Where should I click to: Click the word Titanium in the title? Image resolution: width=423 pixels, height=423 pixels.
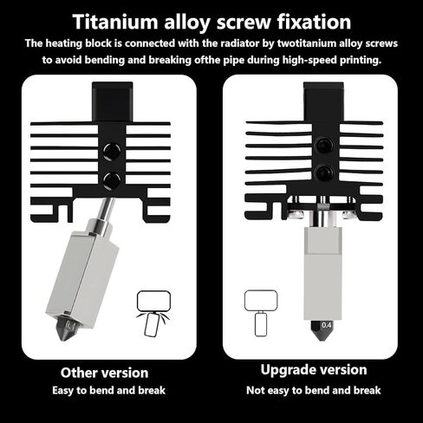(x=115, y=22)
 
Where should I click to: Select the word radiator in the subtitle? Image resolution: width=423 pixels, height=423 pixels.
(x=231, y=43)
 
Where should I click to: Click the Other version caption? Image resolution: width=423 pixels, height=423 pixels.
(x=105, y=373)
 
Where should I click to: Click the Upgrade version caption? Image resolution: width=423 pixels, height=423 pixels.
(x=314, y=370)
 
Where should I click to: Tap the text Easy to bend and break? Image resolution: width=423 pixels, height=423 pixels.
(x=108, y=391)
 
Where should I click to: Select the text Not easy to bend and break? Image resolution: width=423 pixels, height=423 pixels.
(x=314, y=391)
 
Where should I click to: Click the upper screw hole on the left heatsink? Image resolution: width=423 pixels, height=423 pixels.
(x=112, y=151)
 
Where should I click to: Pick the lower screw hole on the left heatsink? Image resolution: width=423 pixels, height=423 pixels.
(x=112, y=180)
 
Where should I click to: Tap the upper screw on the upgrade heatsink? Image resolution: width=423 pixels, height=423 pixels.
(x=324, y=145)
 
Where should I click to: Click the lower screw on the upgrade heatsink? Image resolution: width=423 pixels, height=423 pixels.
(x=324, y=172)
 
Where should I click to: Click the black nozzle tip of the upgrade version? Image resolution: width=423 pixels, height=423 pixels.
(x=322, y=330)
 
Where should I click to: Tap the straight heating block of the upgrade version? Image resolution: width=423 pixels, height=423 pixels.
(x=322, y=273)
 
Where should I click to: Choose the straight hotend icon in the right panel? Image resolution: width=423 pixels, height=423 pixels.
(x=261, y=313)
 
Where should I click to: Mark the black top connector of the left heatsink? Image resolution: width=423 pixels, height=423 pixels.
(x=113, y=101)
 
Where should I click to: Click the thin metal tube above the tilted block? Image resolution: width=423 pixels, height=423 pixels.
(x=106, y=209)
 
